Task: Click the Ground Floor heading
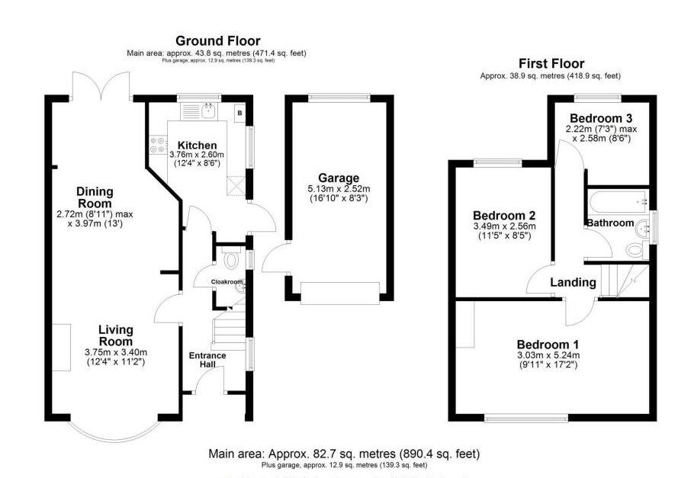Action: [x=217, y=41]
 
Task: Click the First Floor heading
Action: [x=551, y=64]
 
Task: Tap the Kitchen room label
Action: [x=197, y=146]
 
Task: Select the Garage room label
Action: [x=339, y=178]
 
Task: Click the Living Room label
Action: [x=115, y=335]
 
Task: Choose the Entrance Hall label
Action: [x=207, y=361]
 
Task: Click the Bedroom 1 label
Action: [x=548, y=344]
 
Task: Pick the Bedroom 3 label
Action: [x=601, y=118]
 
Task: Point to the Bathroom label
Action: [x=609, y=223]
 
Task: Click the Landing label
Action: [x=574, y=282]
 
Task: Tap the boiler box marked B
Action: [x=239, y=113]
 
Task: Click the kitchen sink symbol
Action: [x=208, y=111]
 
